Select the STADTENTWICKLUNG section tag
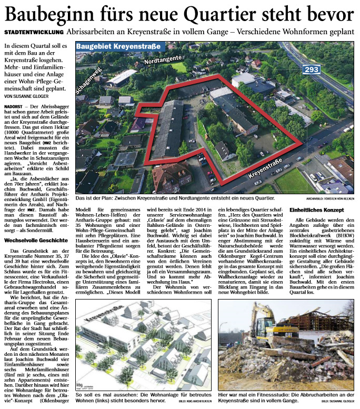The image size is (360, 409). click(x=32, y=32)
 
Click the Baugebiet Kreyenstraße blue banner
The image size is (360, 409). click(x=118, y=47)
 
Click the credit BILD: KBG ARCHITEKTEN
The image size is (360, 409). click(x=192, y=402)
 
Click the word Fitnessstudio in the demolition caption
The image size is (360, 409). click(x=268, y=394)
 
